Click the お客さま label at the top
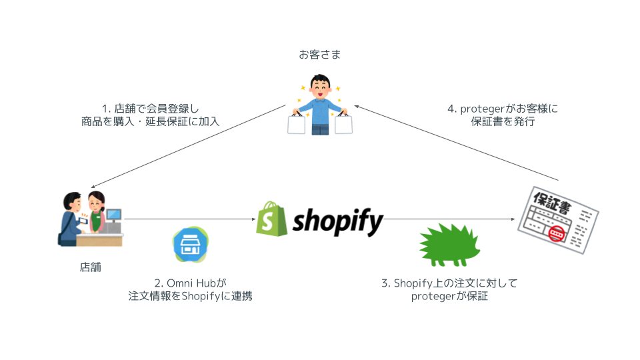pos(319,55)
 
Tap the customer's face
pos(320,90)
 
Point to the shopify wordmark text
pos(338,219)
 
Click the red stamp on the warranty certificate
pos(557,235)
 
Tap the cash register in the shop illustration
pos(113,221)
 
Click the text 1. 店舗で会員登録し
pos(150,107)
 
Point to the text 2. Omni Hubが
pos(190,283)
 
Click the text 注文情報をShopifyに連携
pos(190,297)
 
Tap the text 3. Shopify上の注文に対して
pos(449,283)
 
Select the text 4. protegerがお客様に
pos(501,109)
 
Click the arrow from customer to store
pos(187,147)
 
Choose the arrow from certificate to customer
pos(460,143)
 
